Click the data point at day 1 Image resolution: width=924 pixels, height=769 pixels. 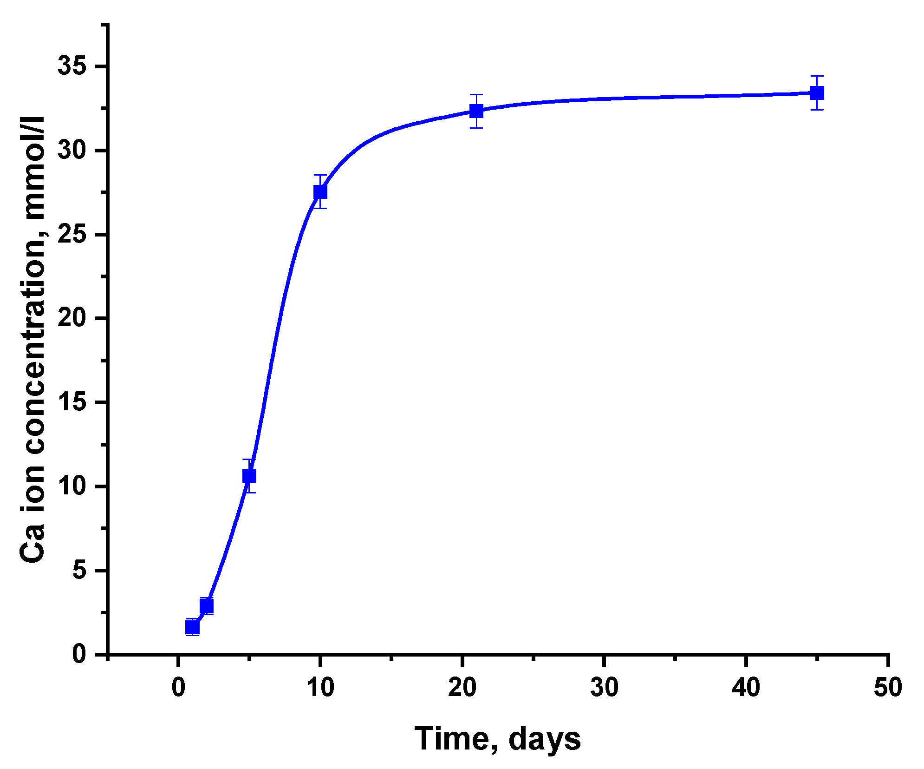pos(192,627)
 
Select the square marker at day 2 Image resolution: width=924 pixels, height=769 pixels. pos(207,606)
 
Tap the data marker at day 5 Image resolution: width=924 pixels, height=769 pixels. pos(249,476)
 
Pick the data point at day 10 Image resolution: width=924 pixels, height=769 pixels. pos(320,191)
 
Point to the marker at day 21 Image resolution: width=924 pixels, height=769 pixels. pos(476,111)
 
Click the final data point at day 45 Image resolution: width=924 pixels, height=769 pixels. pos(817,93)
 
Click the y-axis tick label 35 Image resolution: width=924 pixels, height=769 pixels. pos(72,66)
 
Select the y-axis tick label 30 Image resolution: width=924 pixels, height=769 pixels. pos(72,151)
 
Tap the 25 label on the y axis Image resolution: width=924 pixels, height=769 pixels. pos(72,235)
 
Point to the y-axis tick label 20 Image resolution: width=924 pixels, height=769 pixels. pos(72,319)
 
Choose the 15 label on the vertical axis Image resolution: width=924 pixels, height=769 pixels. pos(72,402)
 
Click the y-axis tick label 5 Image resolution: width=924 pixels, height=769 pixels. pos(79,571)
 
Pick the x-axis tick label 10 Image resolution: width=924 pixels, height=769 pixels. pos(320,687)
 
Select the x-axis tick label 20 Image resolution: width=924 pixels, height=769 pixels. pos(462,687)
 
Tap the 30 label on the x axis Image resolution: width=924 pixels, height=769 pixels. pos(604,687)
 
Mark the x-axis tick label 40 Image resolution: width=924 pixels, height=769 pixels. pos(746,687)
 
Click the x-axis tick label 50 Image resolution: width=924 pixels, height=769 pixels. pos(888,687)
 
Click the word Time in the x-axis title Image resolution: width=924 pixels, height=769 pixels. pos(452,739)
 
